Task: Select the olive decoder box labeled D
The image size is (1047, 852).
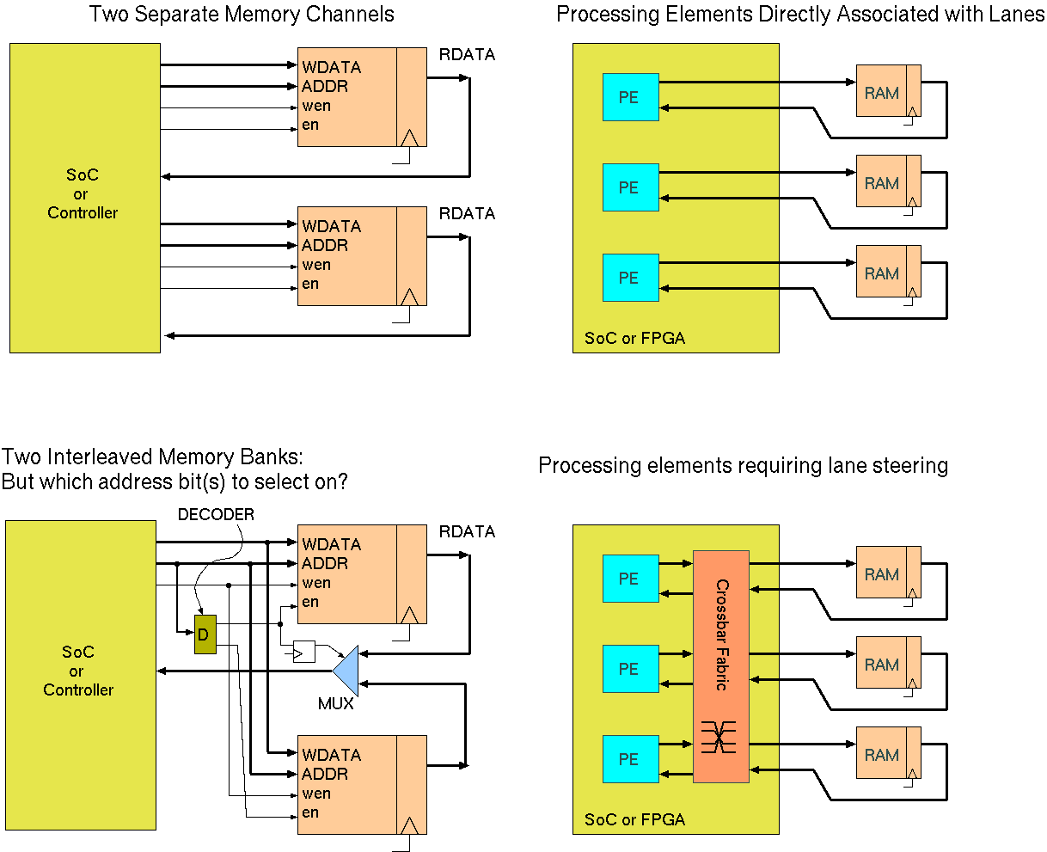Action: click(205, 634)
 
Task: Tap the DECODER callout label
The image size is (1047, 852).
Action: click(216, 514)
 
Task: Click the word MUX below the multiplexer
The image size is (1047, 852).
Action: click(336, 704)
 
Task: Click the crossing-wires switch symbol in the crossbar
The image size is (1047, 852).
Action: click(720, 737)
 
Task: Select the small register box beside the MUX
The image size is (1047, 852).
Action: click(304, 651)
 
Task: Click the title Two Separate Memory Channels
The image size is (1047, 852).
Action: click(242, 15)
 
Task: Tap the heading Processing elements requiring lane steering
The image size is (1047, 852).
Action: click(743, 466)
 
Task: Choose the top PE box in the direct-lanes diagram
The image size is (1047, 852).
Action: click(630, 97)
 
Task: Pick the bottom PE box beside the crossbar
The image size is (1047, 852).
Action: click(630, 759)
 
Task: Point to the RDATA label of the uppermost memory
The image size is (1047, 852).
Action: click(467, 54)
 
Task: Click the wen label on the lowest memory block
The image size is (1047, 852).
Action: click(316, 794)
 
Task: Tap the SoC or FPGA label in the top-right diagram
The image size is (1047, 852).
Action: click(634, 339)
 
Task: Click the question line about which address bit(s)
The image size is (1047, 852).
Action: click(174, 482)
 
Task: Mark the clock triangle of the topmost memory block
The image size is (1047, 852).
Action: click(410, 138)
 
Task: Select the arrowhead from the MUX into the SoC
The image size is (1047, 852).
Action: click(162, 671)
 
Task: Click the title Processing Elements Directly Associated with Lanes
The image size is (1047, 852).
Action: click(800, 15)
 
